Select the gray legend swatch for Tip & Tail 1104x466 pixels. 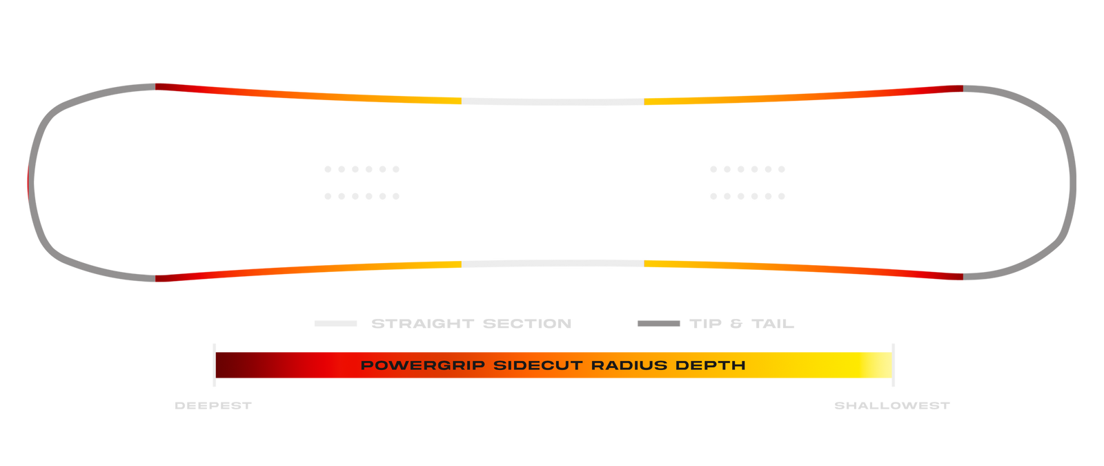[x=658, y=323]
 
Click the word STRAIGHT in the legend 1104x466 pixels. [x=422, y=323]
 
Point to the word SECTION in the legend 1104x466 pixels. [x=527, y=323]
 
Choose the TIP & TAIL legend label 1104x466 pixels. [x=742, y=323]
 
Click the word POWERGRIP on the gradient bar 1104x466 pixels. [x=422, y=365]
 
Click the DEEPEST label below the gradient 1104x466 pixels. [x=213, y=406]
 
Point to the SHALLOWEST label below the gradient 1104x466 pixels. [x=892, y=406]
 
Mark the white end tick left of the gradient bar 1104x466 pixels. [x=215, y=365]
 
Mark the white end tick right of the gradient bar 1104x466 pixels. [x=894, y=365]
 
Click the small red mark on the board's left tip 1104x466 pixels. [x=28, y=182]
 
